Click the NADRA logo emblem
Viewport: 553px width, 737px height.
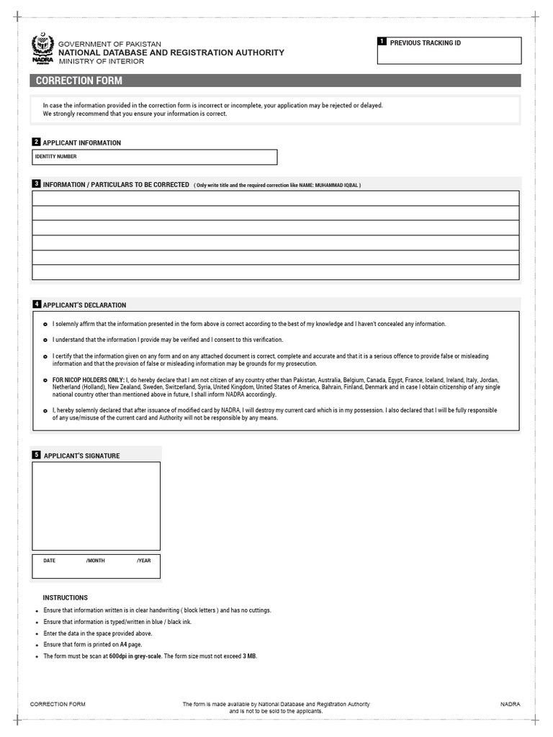coord(42,50)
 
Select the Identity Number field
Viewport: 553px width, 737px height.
coord(154,157)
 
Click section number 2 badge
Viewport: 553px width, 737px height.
coord(36,143)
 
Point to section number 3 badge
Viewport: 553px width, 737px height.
coord(36,184)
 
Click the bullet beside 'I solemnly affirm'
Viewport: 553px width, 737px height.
coord(45,325)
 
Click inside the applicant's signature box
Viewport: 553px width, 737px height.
coord(96,506)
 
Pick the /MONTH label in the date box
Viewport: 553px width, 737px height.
coord(95,560)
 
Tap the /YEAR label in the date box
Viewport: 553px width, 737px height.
coord(143,560)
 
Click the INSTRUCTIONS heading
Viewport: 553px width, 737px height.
coord(65,597)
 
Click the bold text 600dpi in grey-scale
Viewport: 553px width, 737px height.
coord(135,656)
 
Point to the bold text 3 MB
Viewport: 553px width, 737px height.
coord(249,656)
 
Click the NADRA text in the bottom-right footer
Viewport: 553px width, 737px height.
coord(510,704)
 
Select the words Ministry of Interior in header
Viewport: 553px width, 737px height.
coord(101,62)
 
